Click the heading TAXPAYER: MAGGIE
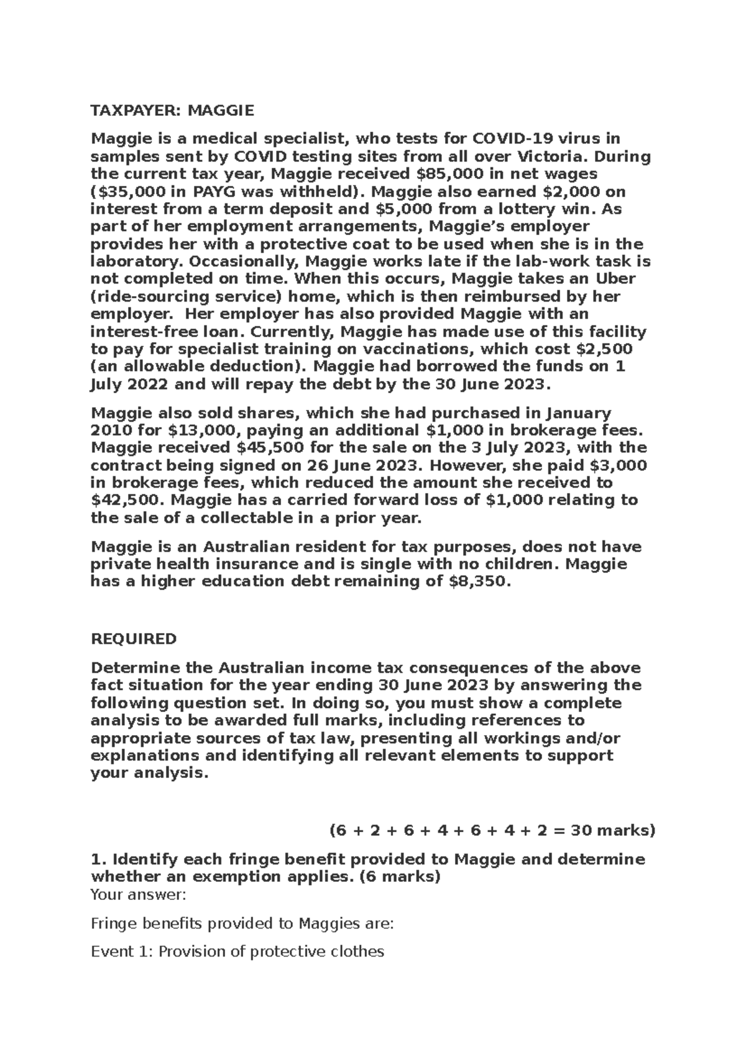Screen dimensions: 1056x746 pyautogui.click(x=172, y=111)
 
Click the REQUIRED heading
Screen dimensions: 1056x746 pyautogui.click(x=134, y=639)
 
